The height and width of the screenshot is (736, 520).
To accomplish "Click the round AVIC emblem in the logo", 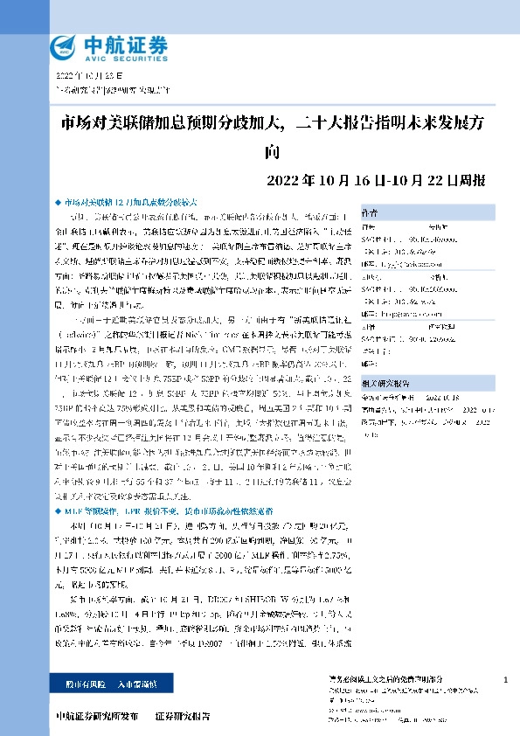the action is point(63,45).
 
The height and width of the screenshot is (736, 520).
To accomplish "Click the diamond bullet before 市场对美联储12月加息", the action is point(58,200).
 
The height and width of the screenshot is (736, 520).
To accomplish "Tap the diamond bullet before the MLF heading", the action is point(58,508).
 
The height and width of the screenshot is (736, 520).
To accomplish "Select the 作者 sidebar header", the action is point(370,211).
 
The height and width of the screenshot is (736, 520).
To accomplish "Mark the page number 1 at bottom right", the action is point(506,679).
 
